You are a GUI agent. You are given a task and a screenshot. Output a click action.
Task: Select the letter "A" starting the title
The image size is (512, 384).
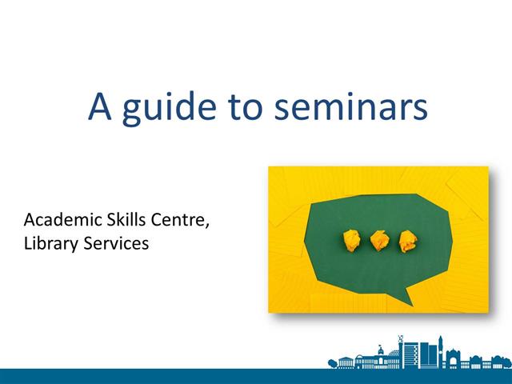(99, 106)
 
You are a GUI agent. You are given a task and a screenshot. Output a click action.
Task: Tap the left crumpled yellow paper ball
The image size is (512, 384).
(351, 238)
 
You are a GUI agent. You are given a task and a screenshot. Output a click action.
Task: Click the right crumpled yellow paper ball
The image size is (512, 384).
(408, 240)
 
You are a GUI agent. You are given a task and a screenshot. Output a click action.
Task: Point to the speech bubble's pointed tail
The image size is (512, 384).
(406, 297)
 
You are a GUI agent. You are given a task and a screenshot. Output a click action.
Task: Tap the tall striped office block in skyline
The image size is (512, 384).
(410, 354)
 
